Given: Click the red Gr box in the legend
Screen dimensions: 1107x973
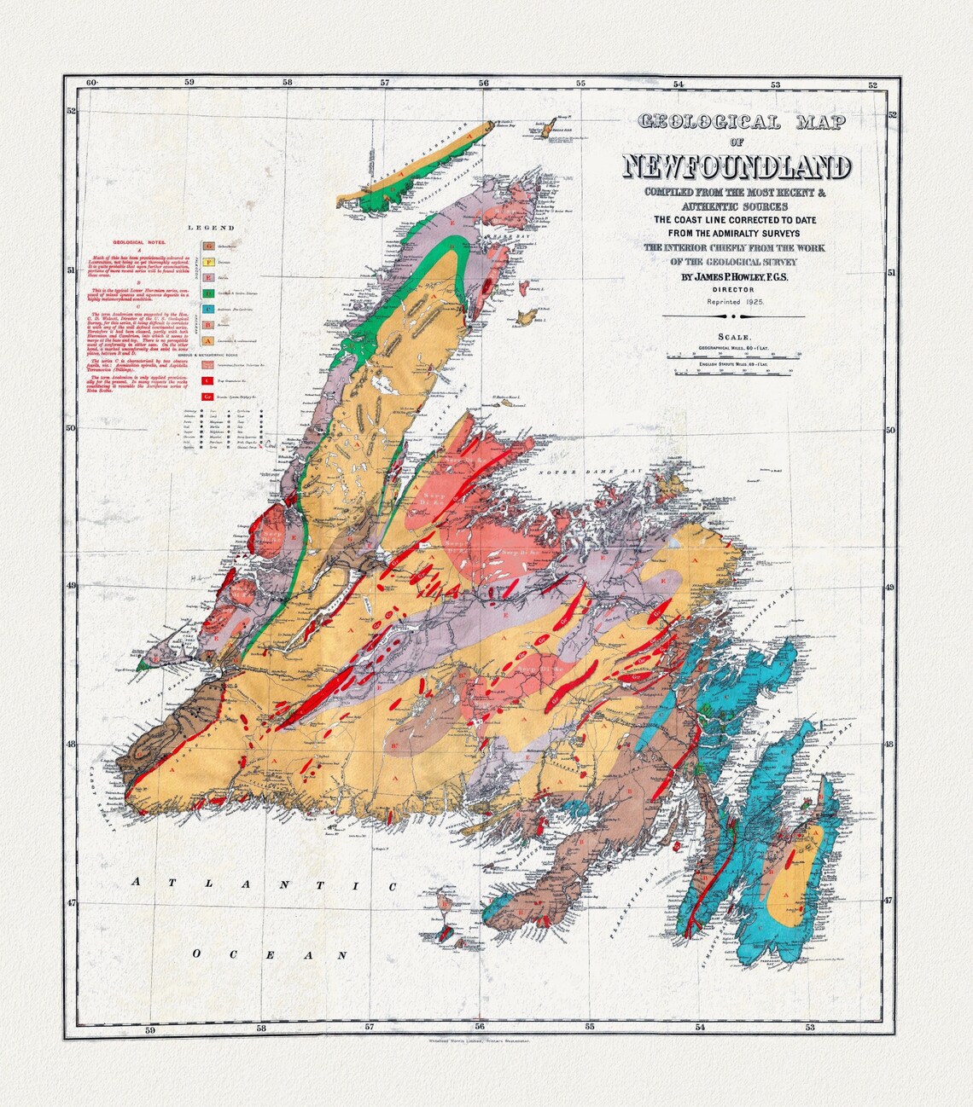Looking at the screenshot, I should click(207, 397).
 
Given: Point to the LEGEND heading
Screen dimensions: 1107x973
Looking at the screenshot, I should click(211, 228).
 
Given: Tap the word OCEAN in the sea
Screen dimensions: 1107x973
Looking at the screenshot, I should click(270, 954).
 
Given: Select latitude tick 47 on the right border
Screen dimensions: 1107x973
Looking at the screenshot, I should click(889, 901).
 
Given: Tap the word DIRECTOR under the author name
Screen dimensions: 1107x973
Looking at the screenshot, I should click(735, 290).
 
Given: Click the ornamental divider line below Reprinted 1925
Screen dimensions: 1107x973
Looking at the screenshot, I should click(735, 316).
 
